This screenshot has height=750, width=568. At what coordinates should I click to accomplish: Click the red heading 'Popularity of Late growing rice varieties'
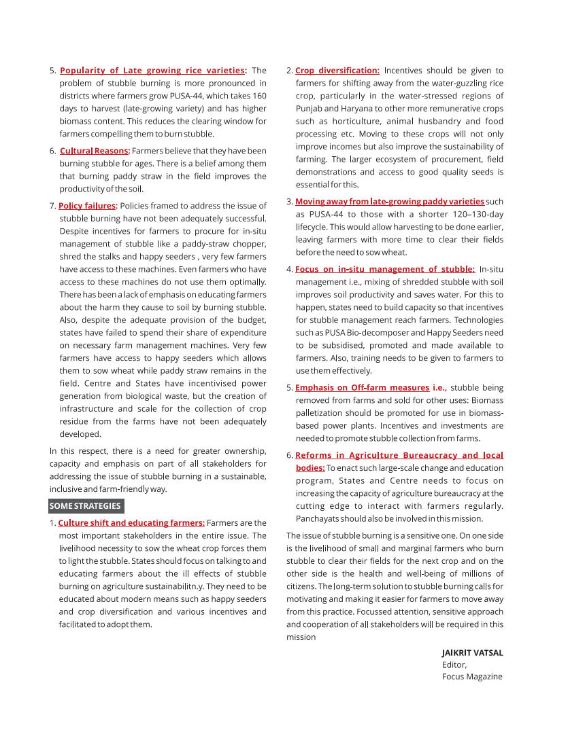click(x=152, y=71)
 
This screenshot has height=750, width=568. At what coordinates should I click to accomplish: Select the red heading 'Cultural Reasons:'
click(x=95, y=151)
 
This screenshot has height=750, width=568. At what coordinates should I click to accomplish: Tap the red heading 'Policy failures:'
click(x=88, y=206)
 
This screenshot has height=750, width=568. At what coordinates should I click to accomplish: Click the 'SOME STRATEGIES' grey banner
click(x=86, y=506)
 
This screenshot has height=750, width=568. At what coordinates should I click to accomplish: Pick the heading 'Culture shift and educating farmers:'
click(x=131, y=523)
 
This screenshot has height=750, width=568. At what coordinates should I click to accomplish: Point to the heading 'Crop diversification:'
click(x=337, y=71)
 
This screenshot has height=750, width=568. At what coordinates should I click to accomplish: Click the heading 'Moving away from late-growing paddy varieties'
click(x=390, y=202)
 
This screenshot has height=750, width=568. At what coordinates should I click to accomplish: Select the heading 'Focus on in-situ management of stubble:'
click(x=385, y=270)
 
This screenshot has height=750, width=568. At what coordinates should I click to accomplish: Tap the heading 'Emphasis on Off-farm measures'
click(x=362, y=388)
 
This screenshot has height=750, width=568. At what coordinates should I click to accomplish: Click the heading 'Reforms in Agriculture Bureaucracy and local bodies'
click(x=399, y=456)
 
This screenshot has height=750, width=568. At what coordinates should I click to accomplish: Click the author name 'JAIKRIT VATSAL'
click(x=473, y=653)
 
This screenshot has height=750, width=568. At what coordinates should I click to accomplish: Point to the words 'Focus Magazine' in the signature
click(x=472, y=677)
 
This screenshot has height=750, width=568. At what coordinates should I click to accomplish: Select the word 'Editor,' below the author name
click(x=454, y=665)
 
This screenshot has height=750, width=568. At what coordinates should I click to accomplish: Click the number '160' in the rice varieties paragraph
click(x=259, y=96)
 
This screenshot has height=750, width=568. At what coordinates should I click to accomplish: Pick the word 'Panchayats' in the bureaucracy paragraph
click(x=318, y=519)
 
